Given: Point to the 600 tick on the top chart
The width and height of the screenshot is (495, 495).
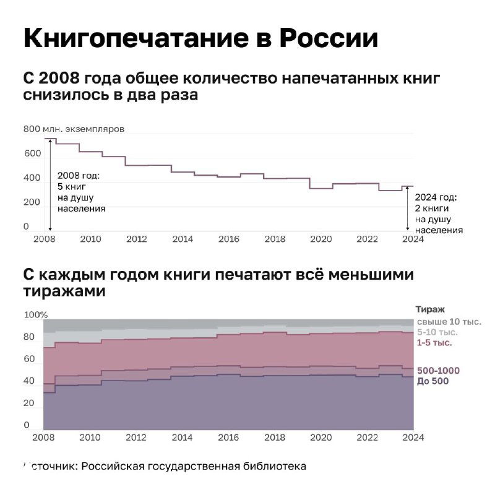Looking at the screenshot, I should pos(31,153).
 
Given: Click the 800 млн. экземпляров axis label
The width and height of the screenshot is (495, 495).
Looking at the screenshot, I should pos(74,129).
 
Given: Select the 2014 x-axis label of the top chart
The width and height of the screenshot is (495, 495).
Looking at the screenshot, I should pos(183,239).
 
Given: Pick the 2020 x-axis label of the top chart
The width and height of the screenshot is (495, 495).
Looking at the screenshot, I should pos(321,239).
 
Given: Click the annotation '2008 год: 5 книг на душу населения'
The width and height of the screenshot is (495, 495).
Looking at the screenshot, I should pos(81,192).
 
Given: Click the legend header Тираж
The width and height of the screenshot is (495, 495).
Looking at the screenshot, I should pos(430,309).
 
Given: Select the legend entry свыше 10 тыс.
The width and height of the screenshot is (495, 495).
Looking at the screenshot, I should pos(448,321).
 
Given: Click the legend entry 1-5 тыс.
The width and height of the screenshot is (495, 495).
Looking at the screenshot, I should pos(434,342).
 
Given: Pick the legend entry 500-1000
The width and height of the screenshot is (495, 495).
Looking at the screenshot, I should pos(438,371).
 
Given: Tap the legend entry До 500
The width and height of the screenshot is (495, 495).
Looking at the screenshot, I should pos(433,381).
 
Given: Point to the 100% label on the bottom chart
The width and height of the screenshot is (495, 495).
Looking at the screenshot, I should pos(35,315).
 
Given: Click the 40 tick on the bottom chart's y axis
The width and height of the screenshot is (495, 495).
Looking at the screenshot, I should pos(29,382).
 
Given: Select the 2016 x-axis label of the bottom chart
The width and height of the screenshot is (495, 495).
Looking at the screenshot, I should pos(229,438).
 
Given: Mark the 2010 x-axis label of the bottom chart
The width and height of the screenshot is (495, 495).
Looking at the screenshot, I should pos(90,438).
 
